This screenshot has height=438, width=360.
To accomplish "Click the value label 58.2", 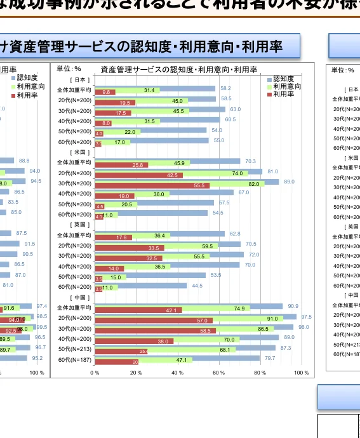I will pyautogui.click(x=225, y=88).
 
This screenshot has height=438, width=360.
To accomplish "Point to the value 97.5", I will pyautogui.click(x=306, y=317).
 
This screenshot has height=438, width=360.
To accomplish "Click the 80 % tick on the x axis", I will pyautogui.click(x=260, y=373).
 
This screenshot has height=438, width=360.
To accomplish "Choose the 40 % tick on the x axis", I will pyautogui.click(x=177, y=373).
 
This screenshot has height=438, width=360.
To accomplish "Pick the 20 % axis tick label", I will pyautogui.click(x=136, y=373).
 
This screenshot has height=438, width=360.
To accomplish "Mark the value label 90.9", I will pyautogui.click(x=293, y=306).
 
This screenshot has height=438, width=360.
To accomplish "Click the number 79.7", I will pyautogui.click(x=270, y=358).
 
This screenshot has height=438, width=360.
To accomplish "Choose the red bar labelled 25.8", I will pyautogui.click(x=121, y=165).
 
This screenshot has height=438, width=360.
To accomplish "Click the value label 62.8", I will pyautogui.click(x=234, y=234).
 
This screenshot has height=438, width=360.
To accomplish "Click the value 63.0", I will pyautogui.click(x=235, y=109).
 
